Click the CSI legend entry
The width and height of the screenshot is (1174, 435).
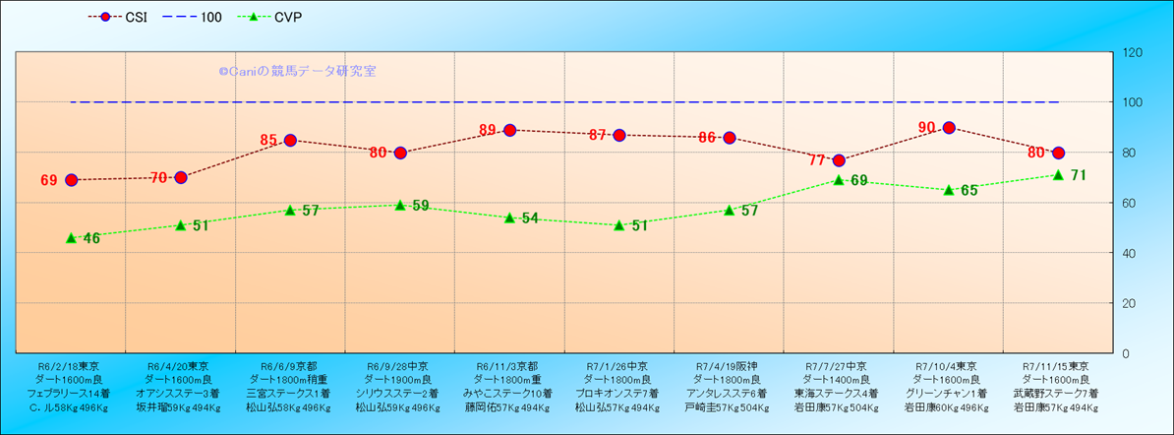[x=125, y=18]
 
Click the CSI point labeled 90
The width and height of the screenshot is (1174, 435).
[x=949, y=128]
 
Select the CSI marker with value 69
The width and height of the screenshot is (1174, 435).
[x=71, y=180]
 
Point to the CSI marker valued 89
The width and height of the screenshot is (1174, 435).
[x=509, y=130]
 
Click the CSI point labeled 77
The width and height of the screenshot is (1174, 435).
[x=839, y=160]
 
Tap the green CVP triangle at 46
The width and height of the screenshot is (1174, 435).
[x=71, y=238]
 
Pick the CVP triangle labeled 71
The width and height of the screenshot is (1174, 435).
[x=1058, y=175]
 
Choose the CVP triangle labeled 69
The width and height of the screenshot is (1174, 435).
[x=839, y=180]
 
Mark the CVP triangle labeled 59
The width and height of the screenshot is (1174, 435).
[x=400, y=205]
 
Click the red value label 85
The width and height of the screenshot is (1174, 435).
[x=269, y=141]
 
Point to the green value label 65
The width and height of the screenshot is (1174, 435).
[x=969, y=191]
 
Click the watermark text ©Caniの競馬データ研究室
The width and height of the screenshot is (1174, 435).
[x=297, y=71]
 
